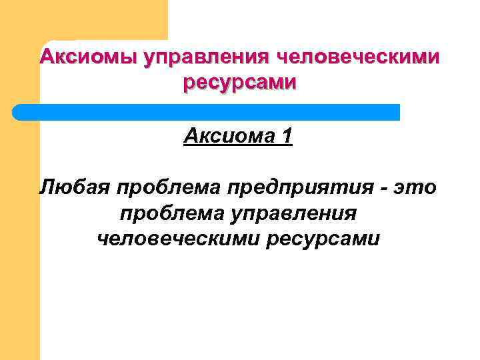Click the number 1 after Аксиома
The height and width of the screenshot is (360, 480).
(287, 137)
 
